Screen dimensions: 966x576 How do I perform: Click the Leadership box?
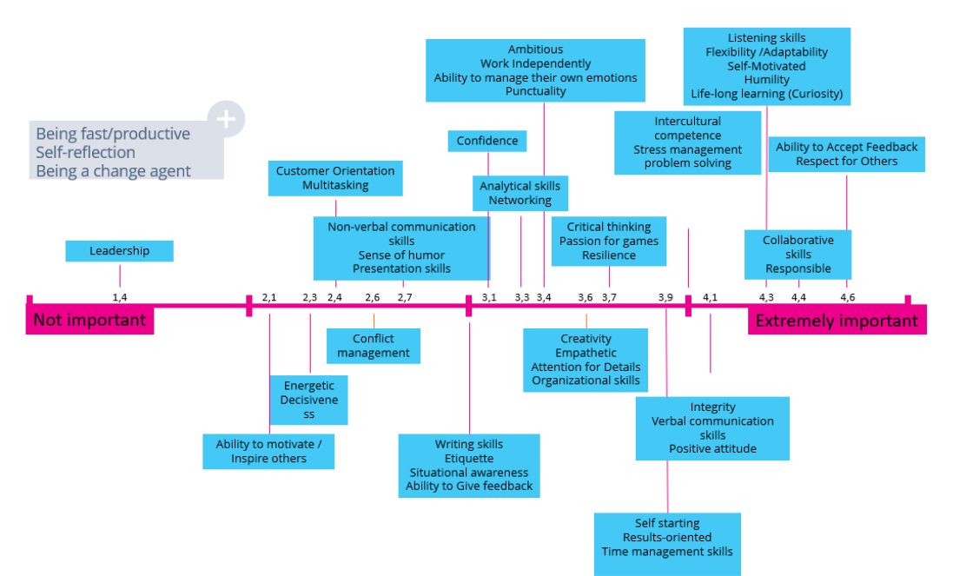pyautogui.click(x=120, y=251)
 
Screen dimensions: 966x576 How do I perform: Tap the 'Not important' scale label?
pyautogui.click(x=89, y=320)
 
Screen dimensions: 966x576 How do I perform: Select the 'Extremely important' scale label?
pyautogui.click(x=837, y=321)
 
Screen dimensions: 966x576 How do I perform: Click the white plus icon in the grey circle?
pyautogui.click(x=226, y=118)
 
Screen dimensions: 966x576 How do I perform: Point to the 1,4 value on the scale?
pyautogui.click(x=120, y=297)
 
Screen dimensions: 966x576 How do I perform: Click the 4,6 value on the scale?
pyautogui.click(x=848, y=297)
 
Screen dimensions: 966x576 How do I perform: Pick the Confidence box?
pyautogui.click(x=487, y=141)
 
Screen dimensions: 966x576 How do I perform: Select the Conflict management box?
pyautogui.click(x=374, y=346)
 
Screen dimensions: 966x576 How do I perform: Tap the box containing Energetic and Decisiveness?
pyautogui.click(x=308, y=400)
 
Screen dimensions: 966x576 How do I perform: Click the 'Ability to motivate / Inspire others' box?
pyautogui.click(x=268, y=452)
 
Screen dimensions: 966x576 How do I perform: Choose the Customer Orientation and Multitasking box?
pyautogui.click(x=335, y=178)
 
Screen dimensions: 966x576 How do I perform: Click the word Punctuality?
pyautogui.click(x=535, y=91)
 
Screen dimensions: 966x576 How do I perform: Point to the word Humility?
pyautogui.click(x=766, y=79)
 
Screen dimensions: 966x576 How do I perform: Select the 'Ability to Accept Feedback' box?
pyautogui.click(x=846, y=154)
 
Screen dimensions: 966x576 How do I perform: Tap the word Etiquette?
pyautogui.click(x=469, y=459)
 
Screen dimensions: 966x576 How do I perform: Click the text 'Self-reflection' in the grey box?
pyautogui.click(x=85, y=152)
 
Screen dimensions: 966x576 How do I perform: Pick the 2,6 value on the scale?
pyautogui.click(x=372, y=297)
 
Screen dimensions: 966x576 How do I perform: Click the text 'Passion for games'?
pyautogui.click(x=609, y=241)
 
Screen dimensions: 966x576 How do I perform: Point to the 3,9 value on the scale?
pyautogui.click(x=665, y=297)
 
